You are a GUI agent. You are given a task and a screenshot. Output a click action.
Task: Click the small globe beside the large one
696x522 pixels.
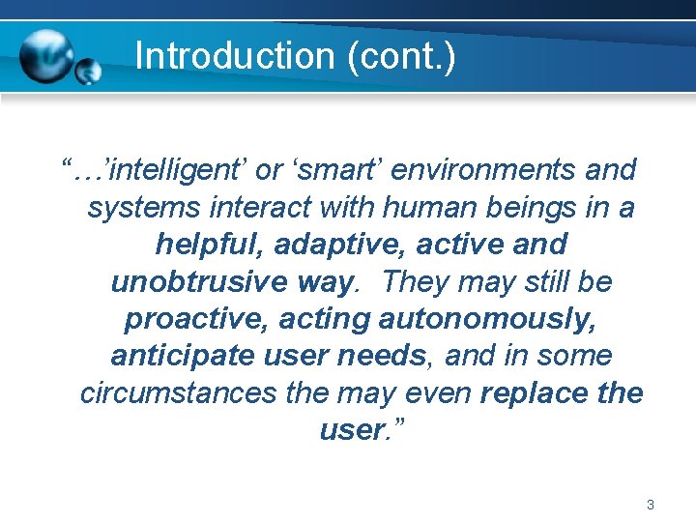click(89, 72)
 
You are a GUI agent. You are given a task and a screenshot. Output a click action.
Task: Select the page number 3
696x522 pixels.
click(651, 504)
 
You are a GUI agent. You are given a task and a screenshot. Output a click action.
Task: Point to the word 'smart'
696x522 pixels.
click(333, 169)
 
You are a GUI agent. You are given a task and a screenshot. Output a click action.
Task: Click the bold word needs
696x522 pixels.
click(382, 356)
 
